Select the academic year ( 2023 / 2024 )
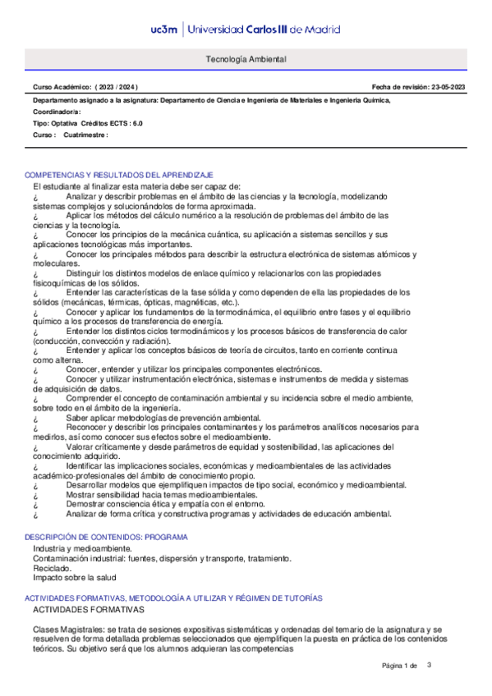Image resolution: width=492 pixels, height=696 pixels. coord(116,87)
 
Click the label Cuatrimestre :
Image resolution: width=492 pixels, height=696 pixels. coord(86,135)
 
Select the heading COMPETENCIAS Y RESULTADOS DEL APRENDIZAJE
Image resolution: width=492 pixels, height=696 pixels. coord(120,176)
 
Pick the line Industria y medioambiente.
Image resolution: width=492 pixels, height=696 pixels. coord(82,547)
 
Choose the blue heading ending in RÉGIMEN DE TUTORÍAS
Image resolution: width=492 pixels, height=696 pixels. coord(173,599)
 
